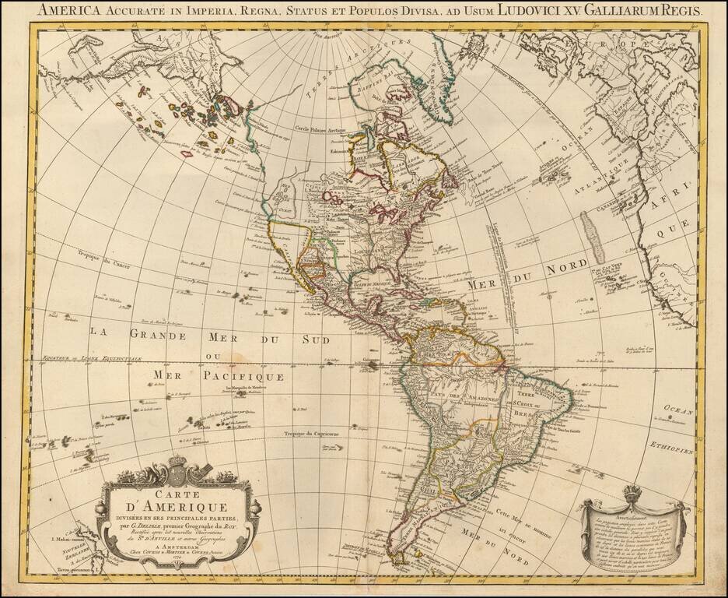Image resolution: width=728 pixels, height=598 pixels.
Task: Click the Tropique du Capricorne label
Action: pyautogui.click(x=308, y=433)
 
